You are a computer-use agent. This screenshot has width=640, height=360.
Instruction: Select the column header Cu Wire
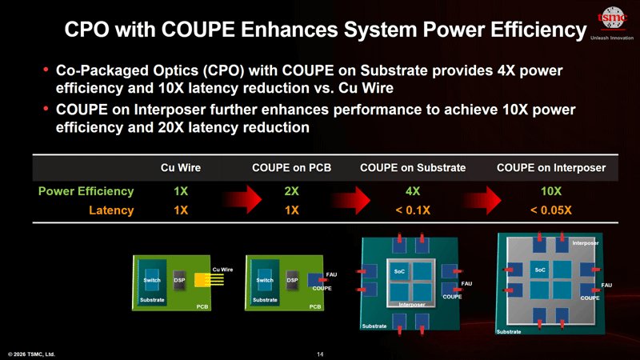181,168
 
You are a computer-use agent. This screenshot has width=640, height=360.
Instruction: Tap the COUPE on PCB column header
291,168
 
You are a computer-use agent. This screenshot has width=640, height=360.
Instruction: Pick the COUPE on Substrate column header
413,168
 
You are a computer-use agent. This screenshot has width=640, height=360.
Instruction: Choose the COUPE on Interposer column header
551,168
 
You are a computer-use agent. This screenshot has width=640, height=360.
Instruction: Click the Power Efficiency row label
86,192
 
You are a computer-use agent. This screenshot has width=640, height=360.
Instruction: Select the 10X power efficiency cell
551,192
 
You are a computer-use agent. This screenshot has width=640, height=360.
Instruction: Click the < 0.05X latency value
551,210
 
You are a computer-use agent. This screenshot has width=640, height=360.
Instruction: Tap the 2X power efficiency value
291,192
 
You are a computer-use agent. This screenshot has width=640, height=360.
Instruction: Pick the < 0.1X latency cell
413,210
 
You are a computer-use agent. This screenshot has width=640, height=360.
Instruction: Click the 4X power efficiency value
413,192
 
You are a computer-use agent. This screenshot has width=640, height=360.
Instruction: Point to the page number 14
320,354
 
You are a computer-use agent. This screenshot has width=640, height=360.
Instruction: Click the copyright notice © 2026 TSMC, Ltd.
32,354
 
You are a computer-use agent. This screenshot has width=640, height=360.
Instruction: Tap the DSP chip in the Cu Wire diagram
179,281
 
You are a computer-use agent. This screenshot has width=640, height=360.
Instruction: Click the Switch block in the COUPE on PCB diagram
265,281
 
